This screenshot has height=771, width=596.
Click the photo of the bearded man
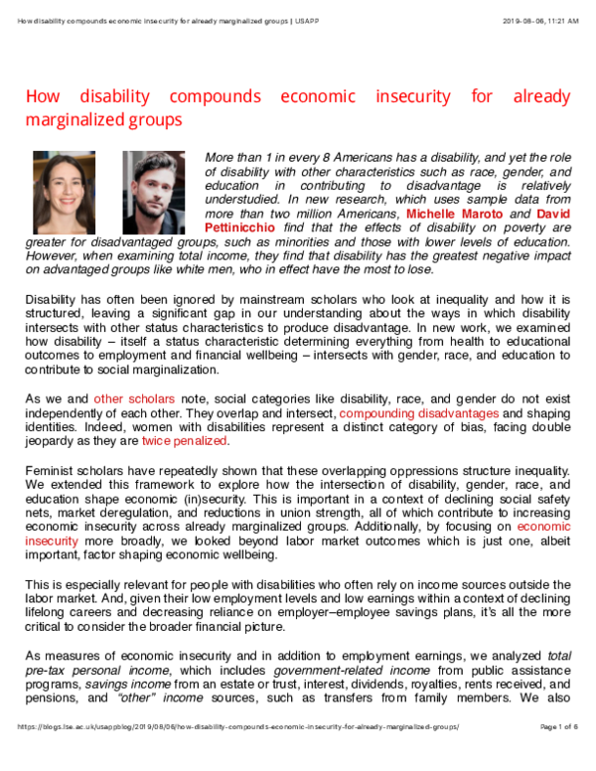[154, 192]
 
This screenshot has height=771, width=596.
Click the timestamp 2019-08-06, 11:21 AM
[539, 19]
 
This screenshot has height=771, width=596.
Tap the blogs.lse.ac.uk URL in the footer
[238, 756]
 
